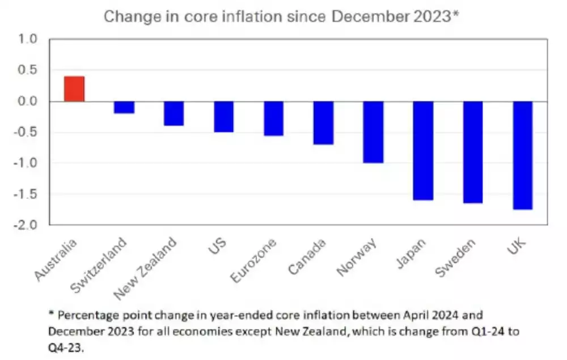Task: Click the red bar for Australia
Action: (74, 89)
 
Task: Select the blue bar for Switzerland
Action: (124, 107)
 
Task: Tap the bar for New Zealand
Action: (174, 113)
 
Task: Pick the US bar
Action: (224, 117)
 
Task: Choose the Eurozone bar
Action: (274, 118)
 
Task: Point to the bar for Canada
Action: (324, 123)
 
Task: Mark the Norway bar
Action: (374, 132)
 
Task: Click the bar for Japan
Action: (423, 151)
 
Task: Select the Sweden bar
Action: (473, 152)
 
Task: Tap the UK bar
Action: (523, 155)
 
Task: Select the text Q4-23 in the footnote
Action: (68, 346)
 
